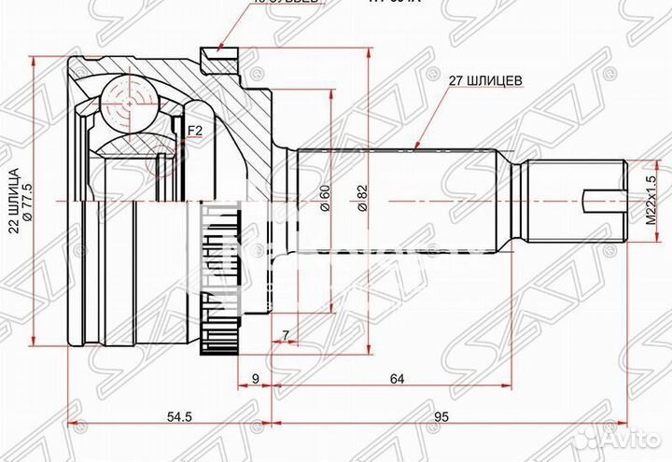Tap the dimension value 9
(256, 379)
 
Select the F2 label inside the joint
(194, 131)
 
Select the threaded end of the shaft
(574, 201)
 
